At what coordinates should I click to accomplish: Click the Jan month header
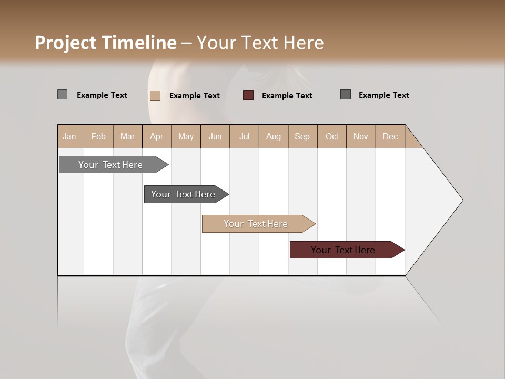point(69,136)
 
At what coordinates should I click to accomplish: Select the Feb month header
point(98,136)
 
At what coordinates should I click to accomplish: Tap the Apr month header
point(156,136)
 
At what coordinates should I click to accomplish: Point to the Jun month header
point(215,136)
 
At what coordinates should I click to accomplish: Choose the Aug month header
point(273,136)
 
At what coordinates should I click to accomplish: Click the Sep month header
point(302,136)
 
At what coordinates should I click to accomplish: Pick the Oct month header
point(332,136)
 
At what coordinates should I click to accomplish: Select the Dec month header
point(390,136)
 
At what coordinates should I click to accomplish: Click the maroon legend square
point(248,95)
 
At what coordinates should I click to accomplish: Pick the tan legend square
point(155,95)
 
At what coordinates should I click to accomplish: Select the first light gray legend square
point(62,95)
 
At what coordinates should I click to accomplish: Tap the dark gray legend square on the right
point(346,95)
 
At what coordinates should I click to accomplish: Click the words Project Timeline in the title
point(105,43)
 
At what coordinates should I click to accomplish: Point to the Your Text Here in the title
point(260,43)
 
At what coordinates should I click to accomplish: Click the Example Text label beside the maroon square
point(287,96)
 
